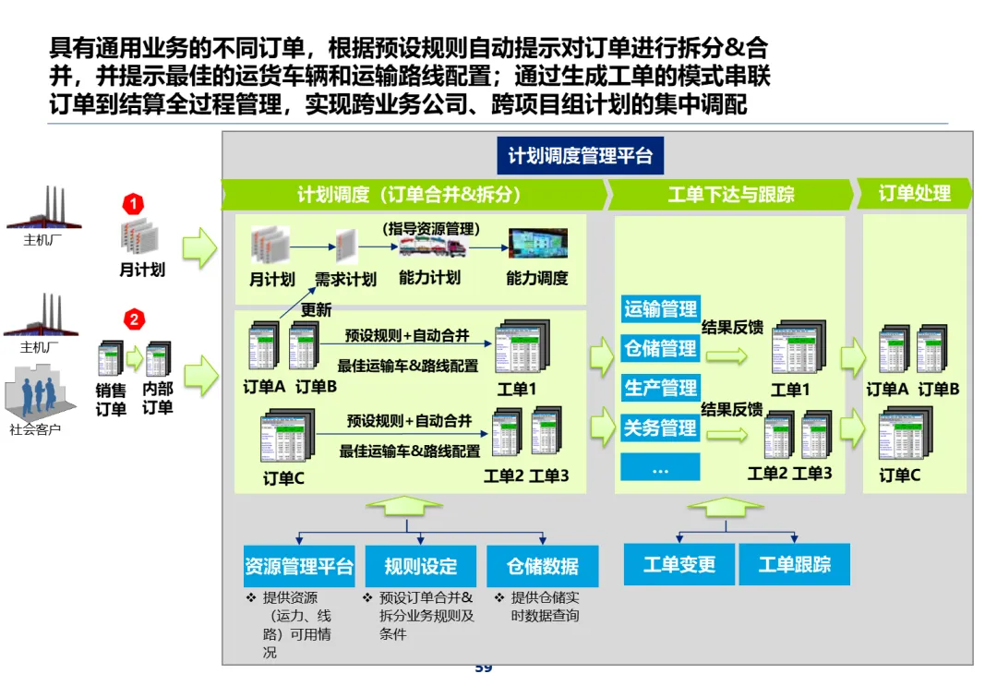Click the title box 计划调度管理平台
580,155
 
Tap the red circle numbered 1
134,203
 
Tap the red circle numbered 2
134,319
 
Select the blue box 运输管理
660,309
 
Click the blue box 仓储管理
660,348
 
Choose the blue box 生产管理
660,388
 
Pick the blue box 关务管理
660,427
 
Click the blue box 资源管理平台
299,566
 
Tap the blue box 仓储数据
543,566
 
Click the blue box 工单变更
679,564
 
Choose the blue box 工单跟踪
794,564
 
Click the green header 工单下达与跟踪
730,195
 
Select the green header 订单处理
914,194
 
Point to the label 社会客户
35,428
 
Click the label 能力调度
536,278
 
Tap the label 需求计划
345,279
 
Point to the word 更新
316,310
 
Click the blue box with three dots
660,468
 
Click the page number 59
483,668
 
